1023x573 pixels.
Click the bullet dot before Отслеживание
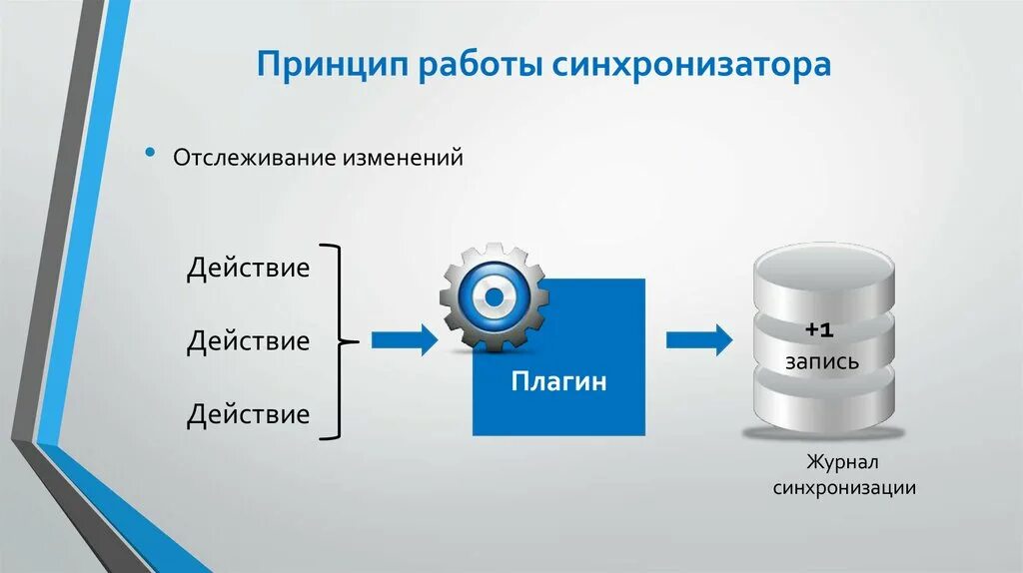pos(151,155)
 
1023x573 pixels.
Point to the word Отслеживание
pos(256,158)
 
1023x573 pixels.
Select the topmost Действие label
pos(248,270)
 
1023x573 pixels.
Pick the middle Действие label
pos(248,341)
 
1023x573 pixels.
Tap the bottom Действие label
pos(248,414)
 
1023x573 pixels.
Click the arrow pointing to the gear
pos(404,340)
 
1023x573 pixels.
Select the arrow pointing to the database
pos(698,340)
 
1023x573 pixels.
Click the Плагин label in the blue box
pos(558,382)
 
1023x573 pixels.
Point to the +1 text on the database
pos(820,329)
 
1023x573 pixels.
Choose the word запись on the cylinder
pos(821,361)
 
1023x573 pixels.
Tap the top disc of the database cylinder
pos(821,268)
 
